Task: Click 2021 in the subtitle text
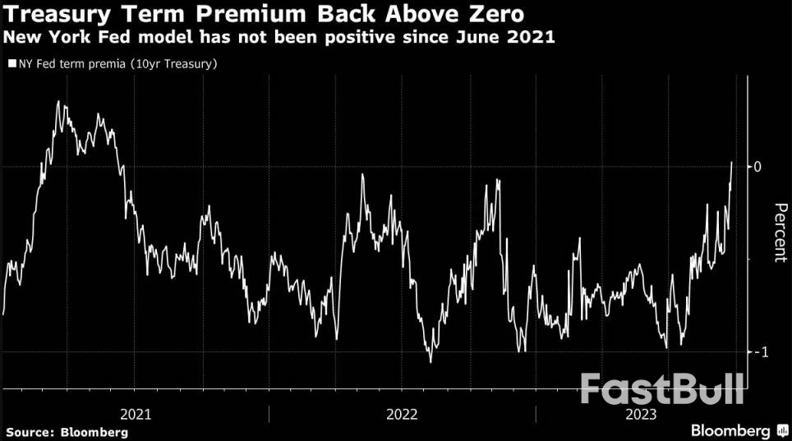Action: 534,37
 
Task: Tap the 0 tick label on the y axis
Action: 758,167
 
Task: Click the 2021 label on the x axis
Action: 135,414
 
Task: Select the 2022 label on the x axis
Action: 401,414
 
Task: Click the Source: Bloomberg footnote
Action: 67,431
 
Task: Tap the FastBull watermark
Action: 662,388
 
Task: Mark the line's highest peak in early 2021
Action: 58,101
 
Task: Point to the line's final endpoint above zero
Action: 732,163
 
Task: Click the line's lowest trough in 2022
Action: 430,361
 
